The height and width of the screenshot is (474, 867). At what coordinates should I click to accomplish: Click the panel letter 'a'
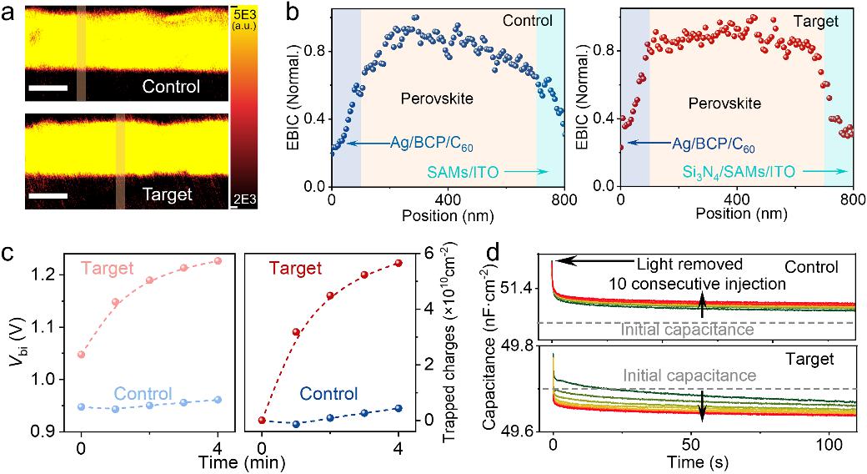[9, 11]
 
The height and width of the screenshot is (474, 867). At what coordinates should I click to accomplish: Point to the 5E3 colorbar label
[244, 15]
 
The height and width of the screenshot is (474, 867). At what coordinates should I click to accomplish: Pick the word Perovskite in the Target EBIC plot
[724, 104]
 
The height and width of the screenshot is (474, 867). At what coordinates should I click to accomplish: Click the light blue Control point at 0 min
[82, 407]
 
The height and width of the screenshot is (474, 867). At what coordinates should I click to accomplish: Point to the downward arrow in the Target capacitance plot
[702, 406]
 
